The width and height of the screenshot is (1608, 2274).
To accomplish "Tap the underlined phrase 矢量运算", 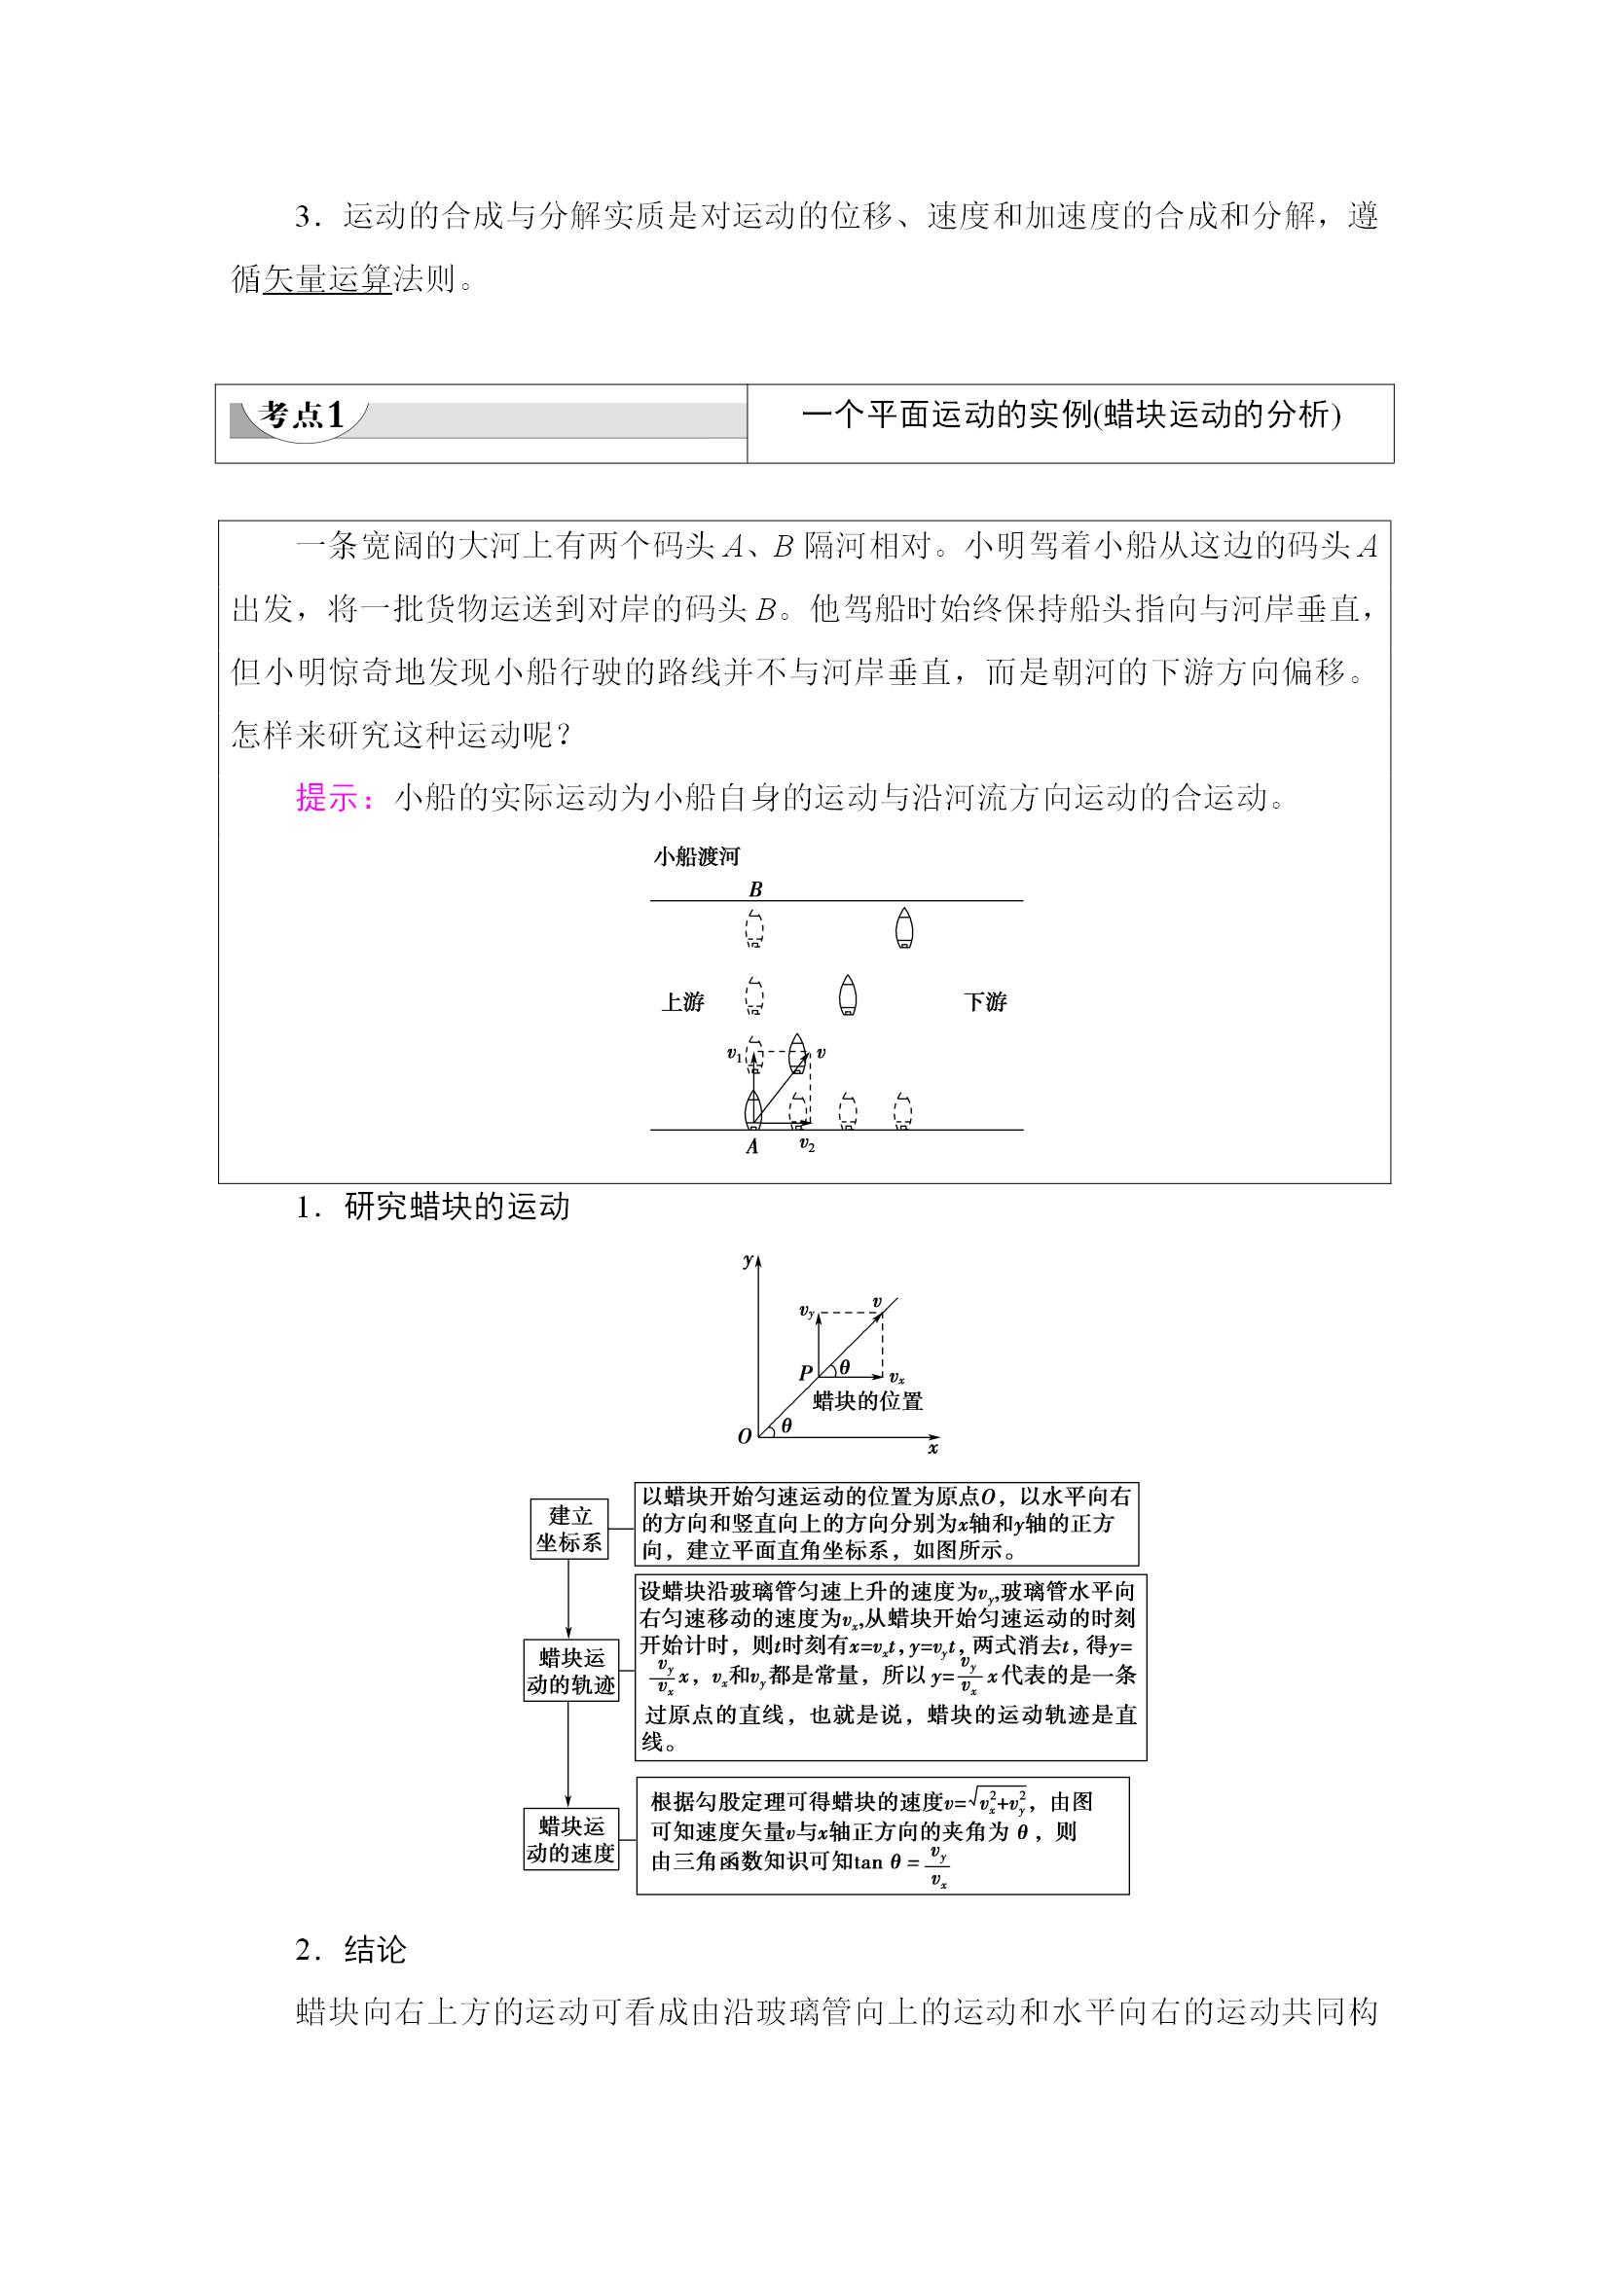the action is [x=328, y=279].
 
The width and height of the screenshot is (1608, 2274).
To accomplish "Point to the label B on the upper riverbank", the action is [x=755, y=888].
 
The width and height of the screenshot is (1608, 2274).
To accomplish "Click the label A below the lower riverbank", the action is [x=752, y=1146].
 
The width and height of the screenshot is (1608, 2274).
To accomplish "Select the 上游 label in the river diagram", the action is [x=682, y=1001].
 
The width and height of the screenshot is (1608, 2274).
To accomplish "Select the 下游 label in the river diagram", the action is [x=985, y=1001].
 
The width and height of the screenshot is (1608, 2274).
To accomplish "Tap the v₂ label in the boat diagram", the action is [x=807, y=1145].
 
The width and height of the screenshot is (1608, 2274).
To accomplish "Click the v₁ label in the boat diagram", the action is [x=734, y=1055].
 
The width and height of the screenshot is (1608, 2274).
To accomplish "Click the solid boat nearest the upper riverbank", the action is [x=903, y=929].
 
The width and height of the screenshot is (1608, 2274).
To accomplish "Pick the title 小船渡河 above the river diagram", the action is [x=697, y=856].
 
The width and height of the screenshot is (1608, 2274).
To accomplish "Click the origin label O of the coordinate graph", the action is [x=745, y=1436].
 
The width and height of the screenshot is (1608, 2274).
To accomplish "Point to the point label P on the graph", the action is [x=806, y=1374].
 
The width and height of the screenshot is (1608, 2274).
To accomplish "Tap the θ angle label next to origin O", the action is [x=786, y=1426].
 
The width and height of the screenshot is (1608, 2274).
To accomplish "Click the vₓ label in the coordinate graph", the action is [x=896, y=1378].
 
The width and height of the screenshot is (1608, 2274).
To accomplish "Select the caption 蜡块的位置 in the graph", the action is [x=868, y=1400].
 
